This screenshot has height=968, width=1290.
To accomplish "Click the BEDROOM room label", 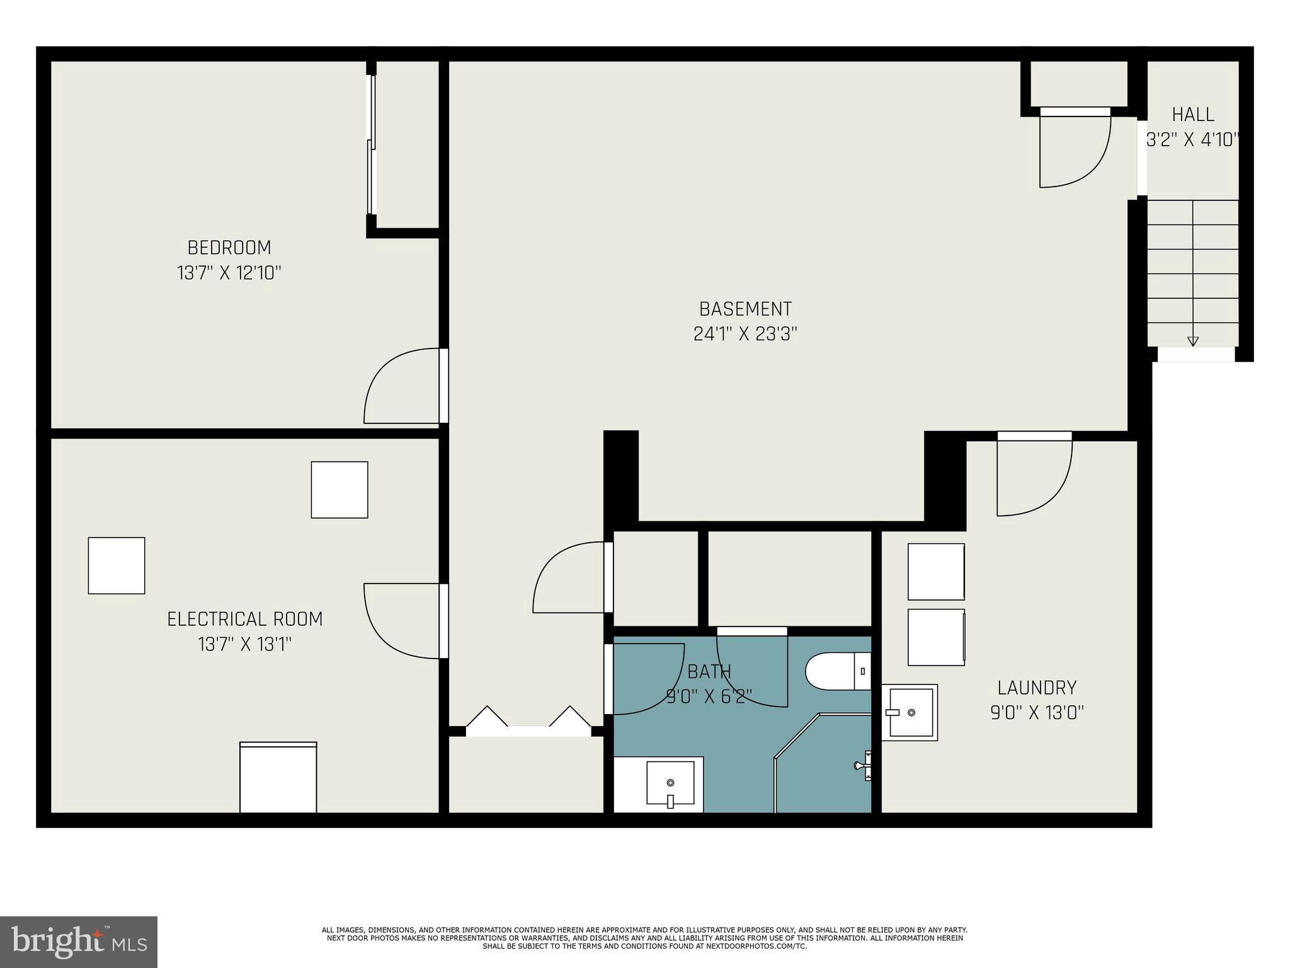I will point(229,247).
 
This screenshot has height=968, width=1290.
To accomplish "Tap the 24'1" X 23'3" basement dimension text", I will point(745,334).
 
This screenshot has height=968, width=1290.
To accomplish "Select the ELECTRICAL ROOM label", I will point(244,619).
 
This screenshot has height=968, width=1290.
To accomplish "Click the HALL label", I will point(1193,115).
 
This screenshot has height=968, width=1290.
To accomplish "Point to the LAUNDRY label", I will point(1037,687).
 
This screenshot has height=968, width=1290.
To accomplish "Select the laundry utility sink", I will point(910,712).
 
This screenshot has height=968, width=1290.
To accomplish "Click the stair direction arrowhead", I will point(1192,342).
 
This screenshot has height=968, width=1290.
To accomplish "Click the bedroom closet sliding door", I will point(372,145).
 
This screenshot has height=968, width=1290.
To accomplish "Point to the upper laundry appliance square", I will point(935,572).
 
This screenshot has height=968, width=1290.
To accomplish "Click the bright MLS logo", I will point(78,942).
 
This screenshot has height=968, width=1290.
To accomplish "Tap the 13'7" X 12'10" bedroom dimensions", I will point(229,274).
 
